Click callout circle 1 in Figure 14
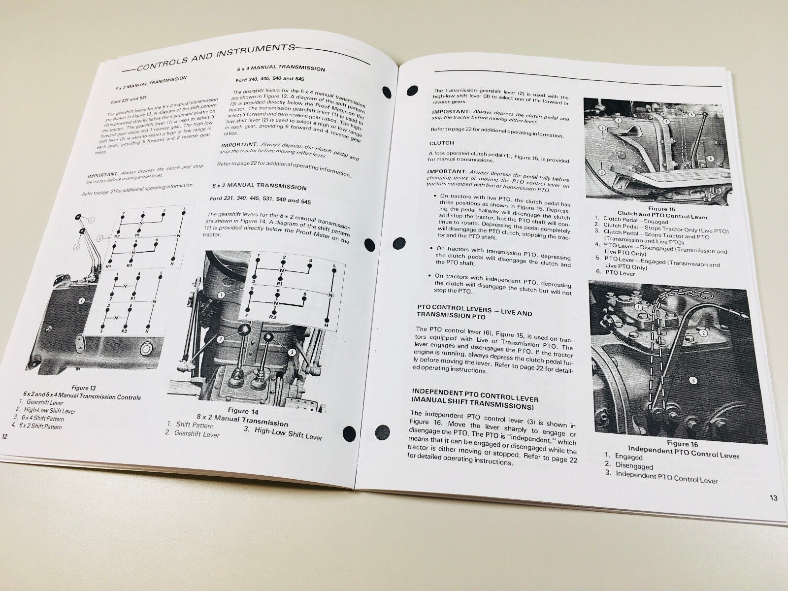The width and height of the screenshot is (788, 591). click(x=222, y=295)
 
